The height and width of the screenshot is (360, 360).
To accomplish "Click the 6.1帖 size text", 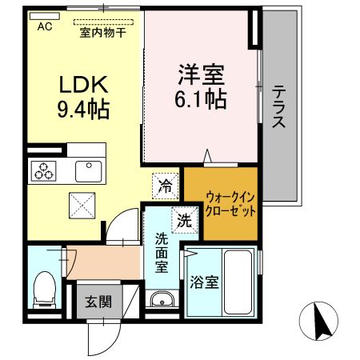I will click(x=200, y=99).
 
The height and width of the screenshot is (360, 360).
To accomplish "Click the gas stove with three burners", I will click(x=42, y=170).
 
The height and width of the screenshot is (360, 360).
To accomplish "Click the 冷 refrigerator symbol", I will click(x=164, y=186).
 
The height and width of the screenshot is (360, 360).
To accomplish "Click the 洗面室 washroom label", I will click(x=161, y=251).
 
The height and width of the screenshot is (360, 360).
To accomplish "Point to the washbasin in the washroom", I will click(x=162, y=301).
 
